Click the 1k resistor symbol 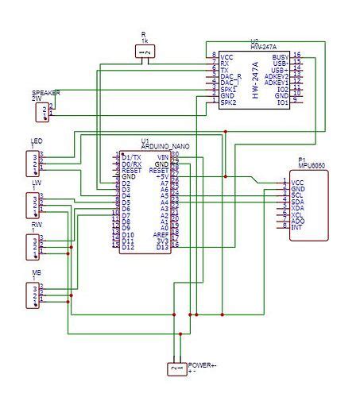(144, 51)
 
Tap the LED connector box (31, 163)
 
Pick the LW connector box (31, 205)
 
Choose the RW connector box (31, 248)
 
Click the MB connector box (31, 295)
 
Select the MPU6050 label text (312, 164)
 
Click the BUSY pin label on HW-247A (280, 57)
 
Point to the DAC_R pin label (232, 76)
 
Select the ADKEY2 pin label (276, 76)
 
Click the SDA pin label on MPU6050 (298, 202)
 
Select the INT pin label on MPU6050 (296, 228)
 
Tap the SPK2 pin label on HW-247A (229, 103)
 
